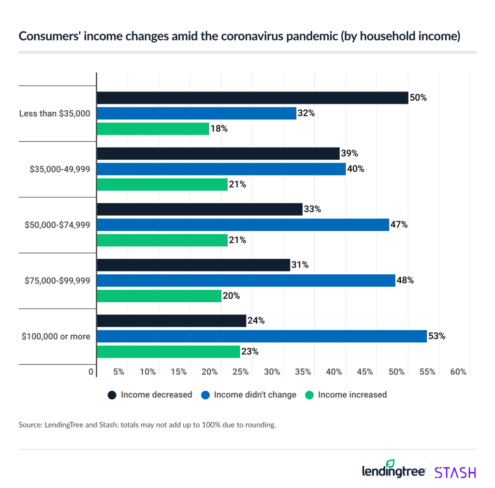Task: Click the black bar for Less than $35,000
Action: pyautogui.click(x=252, y=98)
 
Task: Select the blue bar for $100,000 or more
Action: pyautogui.click(x=262, y=336)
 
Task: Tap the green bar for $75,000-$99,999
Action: pyautogui.click(x=159, y=296)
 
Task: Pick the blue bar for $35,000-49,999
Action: pyautogui.click(x=221, y=169)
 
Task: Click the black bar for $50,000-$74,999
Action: pyautogui.click(x=199, y=209)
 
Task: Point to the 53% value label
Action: pyautogui.click(x=437, y=336)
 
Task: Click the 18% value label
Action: pyautogui.click(x=218, y=129)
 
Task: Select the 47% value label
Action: pyautogui.click(x=399, y=224)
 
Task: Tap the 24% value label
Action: pyautogui.click(x=256, y=321)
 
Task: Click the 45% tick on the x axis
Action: pyautogui.click(x=365, y=372)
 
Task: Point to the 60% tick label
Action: pyautogui.click(x=458, y=372)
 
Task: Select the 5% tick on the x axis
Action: pyautogui.click(x=118, y=372)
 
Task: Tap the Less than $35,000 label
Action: pyautogui.click(x=55, y=114)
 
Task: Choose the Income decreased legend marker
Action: pyautogui.click(x=112, y=395)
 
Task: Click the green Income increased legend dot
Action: pyautogui.click(x=309, y=395)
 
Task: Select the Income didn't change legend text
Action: pyautogui.click(x=255, y=395)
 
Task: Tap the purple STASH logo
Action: pyautogui.click(x=455, y=472)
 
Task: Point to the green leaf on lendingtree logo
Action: pyautogui.click(x=390, y=463)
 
